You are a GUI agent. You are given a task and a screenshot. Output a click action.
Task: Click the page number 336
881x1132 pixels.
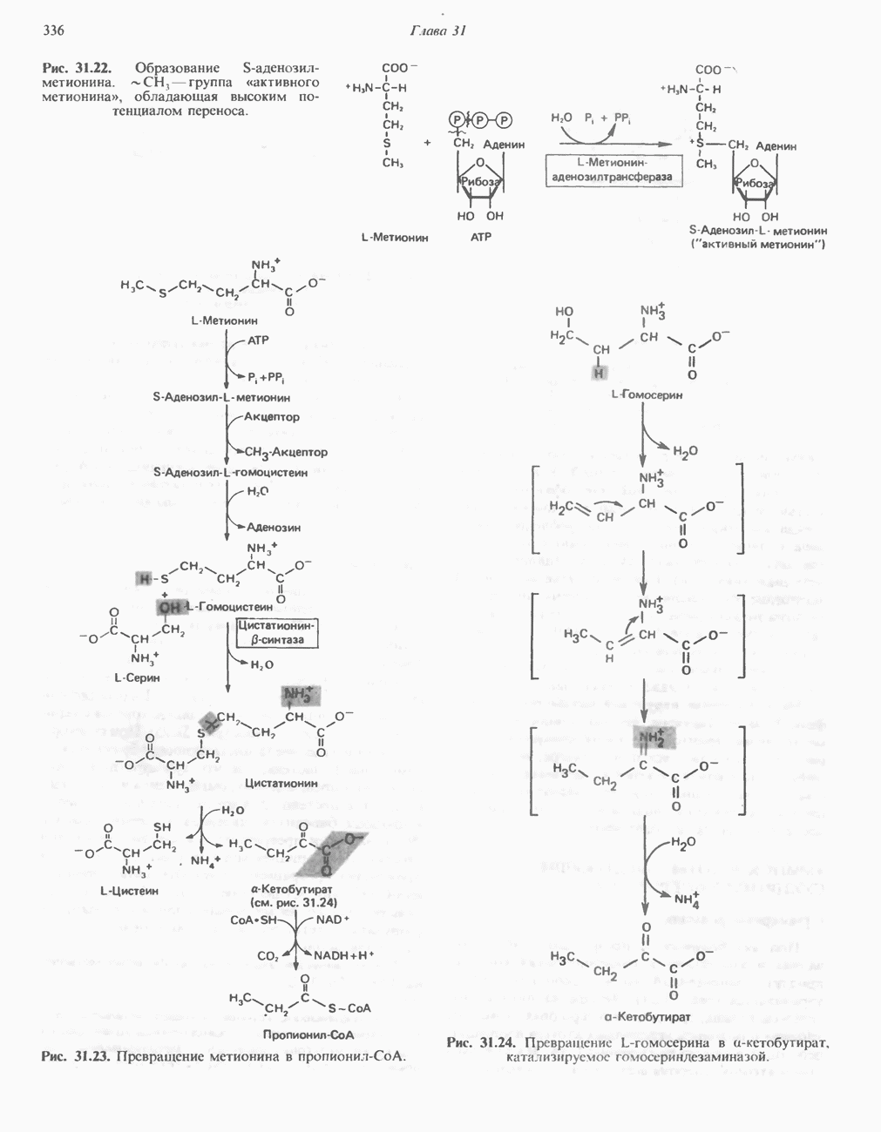coord(53,31)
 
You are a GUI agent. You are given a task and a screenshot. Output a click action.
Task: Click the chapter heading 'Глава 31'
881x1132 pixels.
coord(438,31)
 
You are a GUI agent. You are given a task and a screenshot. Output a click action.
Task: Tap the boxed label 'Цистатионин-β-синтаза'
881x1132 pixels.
coord(277,633)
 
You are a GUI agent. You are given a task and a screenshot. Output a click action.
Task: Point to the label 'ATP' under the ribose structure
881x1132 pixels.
coord(481,236)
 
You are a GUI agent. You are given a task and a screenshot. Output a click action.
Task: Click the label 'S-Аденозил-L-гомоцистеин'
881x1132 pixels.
coord(231,472)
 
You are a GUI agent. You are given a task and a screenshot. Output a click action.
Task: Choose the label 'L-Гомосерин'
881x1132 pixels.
coord(647,394)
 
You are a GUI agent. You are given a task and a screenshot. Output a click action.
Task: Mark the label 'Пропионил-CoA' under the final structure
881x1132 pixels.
coord(308,1034)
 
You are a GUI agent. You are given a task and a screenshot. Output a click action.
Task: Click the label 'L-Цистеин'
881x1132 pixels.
coord(130,891)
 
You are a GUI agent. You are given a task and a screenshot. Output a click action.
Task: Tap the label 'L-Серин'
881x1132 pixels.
coord(137,677)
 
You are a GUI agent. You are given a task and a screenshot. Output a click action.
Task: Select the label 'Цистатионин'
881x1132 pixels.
coord(281,783)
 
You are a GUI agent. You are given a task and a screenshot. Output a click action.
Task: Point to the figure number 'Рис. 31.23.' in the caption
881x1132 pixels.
coord(76,1056)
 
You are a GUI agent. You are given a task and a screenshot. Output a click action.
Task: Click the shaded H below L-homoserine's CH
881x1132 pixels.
coord(600,373)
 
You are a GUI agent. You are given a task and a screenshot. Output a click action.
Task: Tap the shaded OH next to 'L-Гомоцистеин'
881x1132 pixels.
coord(169,606)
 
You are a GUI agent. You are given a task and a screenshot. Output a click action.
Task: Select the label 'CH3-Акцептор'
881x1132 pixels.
coord(286,452)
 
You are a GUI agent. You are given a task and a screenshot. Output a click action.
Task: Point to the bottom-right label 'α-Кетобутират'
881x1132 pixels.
coord(647,1016)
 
